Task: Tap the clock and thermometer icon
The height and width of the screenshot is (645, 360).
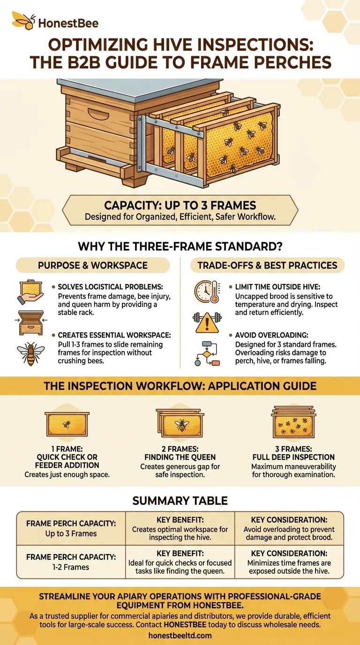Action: point(207,293)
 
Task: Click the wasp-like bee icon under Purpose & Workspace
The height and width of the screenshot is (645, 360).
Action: point(30,352)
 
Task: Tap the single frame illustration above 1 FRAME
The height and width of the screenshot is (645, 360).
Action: point(67,424)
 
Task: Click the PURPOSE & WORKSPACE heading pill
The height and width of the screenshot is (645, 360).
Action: point(93,265)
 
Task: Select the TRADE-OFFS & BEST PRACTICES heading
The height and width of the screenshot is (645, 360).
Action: point(267,265)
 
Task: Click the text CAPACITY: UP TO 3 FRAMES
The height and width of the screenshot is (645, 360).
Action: point(180,205)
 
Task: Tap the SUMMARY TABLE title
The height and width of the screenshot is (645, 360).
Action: point(180,501)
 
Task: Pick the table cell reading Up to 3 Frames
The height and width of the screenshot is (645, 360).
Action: point(71,533)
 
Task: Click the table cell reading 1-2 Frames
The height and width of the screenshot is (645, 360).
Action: point(71,567)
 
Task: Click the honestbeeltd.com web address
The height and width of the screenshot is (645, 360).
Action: point(180,636)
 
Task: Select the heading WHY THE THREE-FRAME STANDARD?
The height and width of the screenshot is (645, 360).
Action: point(180,246)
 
